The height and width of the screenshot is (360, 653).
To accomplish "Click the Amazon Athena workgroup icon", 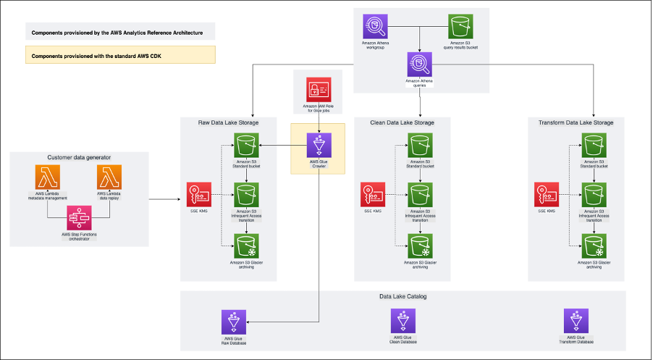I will pyautogui.click(x=375, y=27).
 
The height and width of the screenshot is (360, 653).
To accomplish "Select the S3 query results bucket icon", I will pyautogui.click(x=460, y=27).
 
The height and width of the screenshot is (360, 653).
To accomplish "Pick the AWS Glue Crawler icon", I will pyautogui.click(x=318, y=145).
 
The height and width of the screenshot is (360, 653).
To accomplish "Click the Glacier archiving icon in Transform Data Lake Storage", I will pyautogui.click(x=594, y=244).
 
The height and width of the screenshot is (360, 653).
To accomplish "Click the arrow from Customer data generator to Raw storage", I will pyautogui.click(x=164, y=198).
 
